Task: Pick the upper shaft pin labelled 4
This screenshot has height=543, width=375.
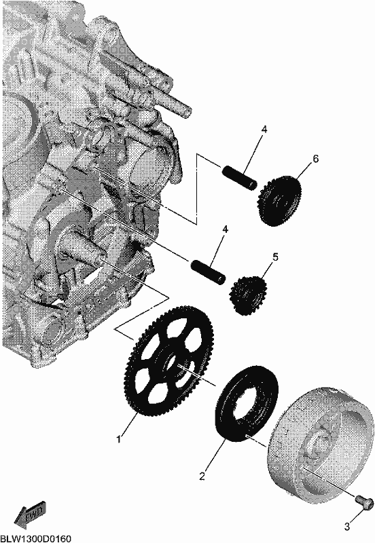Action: coord(239,177)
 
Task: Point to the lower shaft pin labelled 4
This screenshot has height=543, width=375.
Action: coord(208,272)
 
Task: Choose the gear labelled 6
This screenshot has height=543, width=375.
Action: coord(280,201)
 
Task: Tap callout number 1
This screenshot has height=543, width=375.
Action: coord(118,439)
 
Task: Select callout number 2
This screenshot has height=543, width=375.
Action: coord(202,476)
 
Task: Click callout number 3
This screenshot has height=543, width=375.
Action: coord(347,527)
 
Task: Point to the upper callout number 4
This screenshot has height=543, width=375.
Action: coord(264,130)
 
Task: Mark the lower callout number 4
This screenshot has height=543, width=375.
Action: coord(226,229)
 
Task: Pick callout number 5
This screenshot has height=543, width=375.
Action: coord(275,257)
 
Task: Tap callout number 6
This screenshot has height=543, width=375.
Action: coord(315,159)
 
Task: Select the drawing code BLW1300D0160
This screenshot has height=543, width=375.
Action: coord(36,538)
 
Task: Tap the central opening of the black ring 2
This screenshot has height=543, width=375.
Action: coord(247,403)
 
